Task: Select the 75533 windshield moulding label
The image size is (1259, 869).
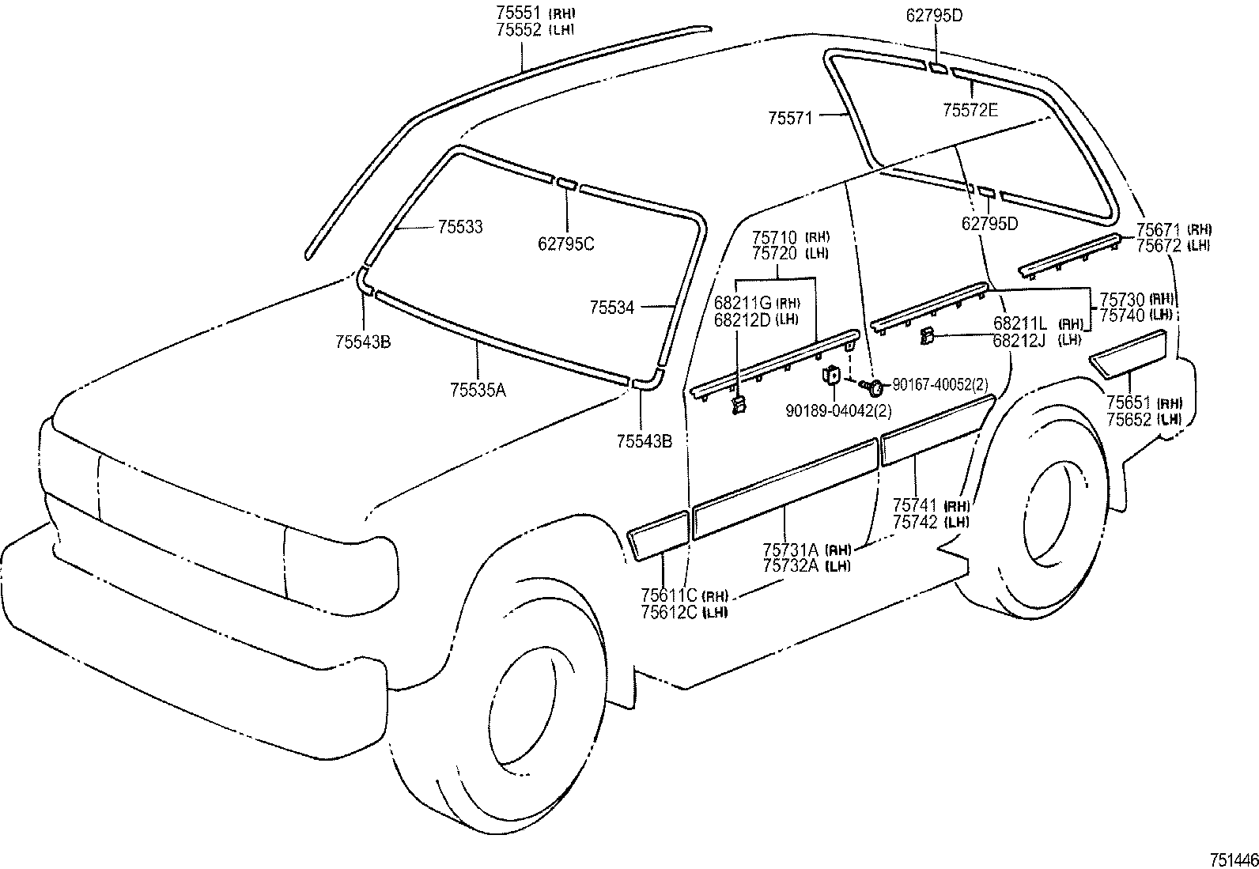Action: pyautogui.click(x=459, y=227)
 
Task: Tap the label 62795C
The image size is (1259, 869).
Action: pyautogui.click(x=565, y=244)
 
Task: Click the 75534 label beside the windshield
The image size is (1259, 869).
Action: pyautogui.click(x=611, y=308)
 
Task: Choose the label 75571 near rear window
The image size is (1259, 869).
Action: pyautogui.click(x=791, y=117)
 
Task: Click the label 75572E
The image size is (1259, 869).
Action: pyautogui.click(x=970, y=111)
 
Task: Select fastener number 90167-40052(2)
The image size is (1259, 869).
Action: pyautogui.click(x=940, y=384)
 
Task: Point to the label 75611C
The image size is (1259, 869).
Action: pyautogui.click(x=669, y=595)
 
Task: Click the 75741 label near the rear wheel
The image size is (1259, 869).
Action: pyautogui.click(x=915, y=505)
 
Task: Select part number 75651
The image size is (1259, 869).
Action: pyautogui.click(x=1129, y=402)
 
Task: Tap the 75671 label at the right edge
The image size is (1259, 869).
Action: pyautogui.click(x=1159, y=229)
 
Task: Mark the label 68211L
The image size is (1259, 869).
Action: pyautogui.click(x=1020, y=323)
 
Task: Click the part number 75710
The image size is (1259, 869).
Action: pyautogui.click(x=775, y=236)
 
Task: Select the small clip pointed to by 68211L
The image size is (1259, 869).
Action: pyautogui.click(x=927, y=337)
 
